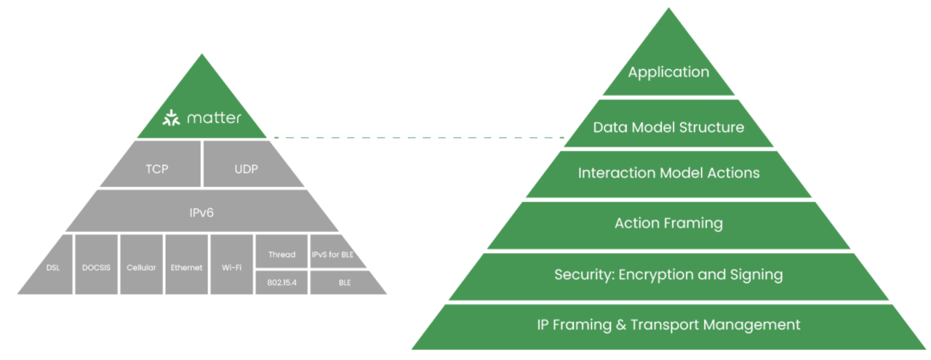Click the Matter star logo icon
(169, 118)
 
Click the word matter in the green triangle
(212, 118)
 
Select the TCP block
(156, 169)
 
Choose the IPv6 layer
(201, 212)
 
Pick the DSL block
(52, 267)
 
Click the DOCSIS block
(96, 267)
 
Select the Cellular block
(141, 267)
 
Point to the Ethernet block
(186, 267)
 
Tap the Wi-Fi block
(231, 267)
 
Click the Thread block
(281, 255)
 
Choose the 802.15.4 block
(281, 282)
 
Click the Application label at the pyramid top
(668, 72)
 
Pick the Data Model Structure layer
(668, 128)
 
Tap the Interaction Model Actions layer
(668, 173)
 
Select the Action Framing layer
(668, 223)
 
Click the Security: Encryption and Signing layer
(668, 275)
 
